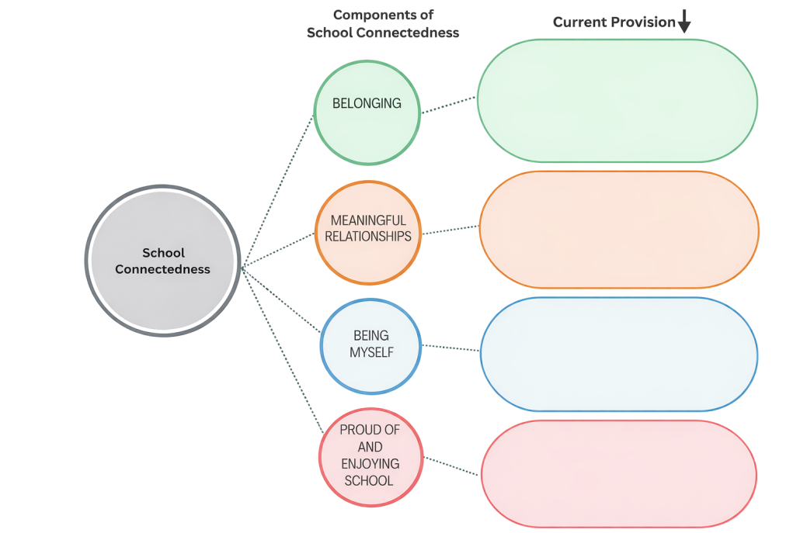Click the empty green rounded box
point(617,101)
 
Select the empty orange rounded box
point(619,230)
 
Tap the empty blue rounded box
point(619,355)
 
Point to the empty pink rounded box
point(619,474)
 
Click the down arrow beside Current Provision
point(683,24)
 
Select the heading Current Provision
point(614,22)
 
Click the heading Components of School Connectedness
point(383,24)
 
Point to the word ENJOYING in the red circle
point(370,463)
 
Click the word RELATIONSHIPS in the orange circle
point(368,236)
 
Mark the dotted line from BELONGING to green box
point(448,106)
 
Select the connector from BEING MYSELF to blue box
point(450,348)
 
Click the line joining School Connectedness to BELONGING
point(278,189)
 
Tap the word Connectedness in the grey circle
point(163,269)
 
